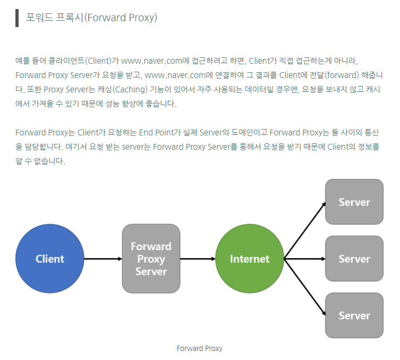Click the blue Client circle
[x=50, y=259]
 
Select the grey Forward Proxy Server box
[x=151, y=259]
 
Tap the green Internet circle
[x=250, y=259]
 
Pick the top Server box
[x=354, y=202]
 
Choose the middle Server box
[x=354, y=259]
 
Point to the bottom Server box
[x=354, y=315]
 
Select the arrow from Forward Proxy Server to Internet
[x=198, y=259]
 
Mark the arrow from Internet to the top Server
[x=305, y=230]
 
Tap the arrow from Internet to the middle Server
[x=304, y=259]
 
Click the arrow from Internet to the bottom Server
[x=305, y=287]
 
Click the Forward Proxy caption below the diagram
[x=199, y=348]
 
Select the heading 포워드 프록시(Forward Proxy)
[x=91, y=18]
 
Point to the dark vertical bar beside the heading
[x=18, y=18]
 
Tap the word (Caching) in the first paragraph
[x=127, y=89]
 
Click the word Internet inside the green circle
[x=250, y=259]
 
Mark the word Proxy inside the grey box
[x=151, y=259]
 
